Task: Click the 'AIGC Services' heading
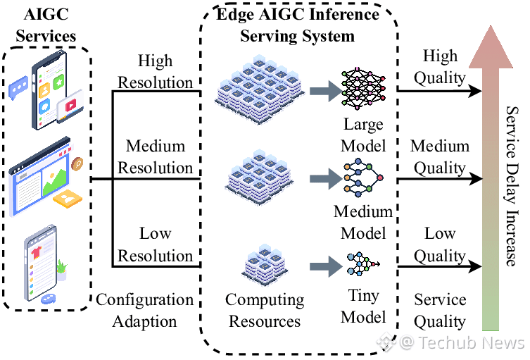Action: coord(46,25)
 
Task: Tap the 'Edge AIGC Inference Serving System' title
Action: coord(298,25)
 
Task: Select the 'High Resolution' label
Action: coord(155,71)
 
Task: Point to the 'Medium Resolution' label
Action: coord(155,156)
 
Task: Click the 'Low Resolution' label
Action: coord(155,244)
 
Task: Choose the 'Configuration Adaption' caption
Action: coord(145,310)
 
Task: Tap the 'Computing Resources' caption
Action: coord(265,310)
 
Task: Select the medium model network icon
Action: coord(363,178)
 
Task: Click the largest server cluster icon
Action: coord(260,89)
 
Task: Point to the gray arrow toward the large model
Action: coord(325,91)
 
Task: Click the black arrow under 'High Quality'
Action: coord(439,91)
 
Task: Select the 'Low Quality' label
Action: coord(440,244)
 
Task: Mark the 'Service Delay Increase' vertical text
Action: coord(512,186)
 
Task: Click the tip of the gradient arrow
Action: coord(491,25)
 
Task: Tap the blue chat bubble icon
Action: coord(18,87)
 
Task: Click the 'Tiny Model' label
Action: coord(363,306)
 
